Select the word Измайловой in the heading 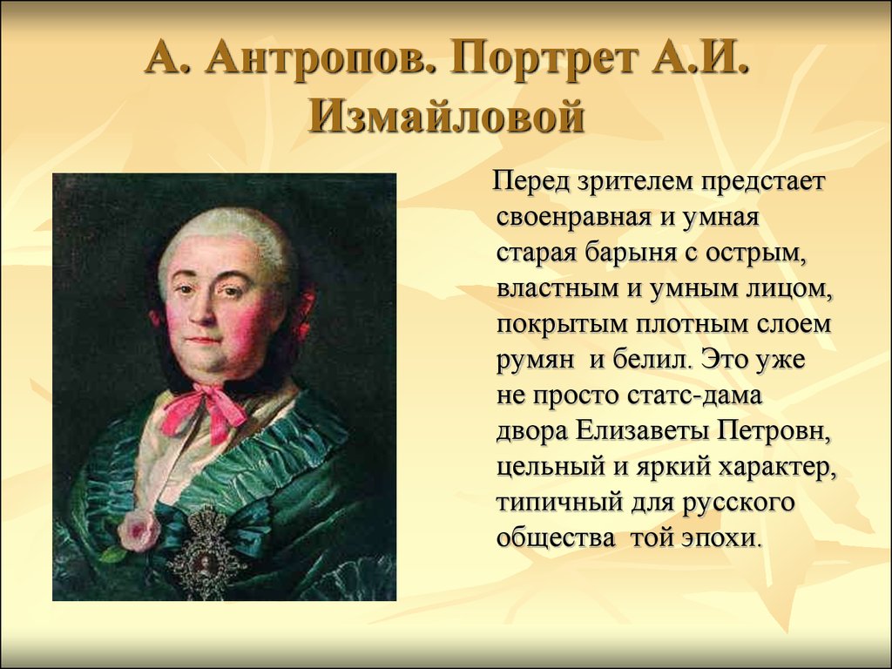pyautogui.click(x=445, y=115)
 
